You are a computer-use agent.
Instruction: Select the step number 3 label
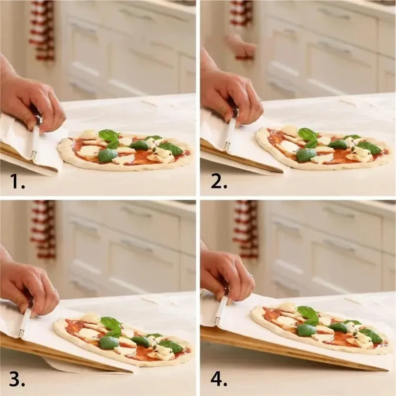(x=17, y=379)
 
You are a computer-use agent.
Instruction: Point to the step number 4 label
(x=219, y=379)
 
